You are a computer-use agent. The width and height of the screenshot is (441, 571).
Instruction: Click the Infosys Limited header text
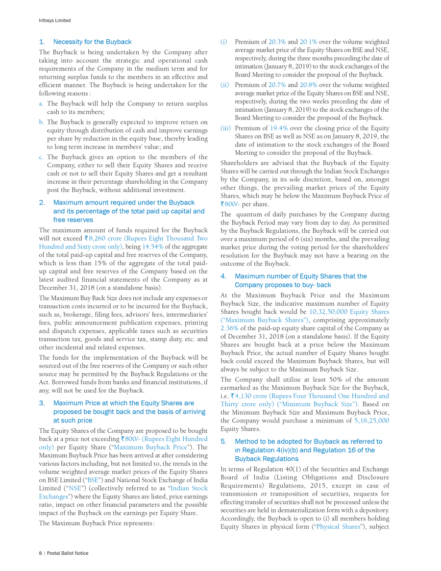54,20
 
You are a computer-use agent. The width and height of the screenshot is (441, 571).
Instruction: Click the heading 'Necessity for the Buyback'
92,42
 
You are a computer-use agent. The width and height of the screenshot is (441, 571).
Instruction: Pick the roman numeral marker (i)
224,42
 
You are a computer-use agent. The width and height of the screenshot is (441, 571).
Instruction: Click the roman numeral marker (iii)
225,128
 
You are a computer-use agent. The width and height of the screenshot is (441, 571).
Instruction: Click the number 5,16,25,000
372,420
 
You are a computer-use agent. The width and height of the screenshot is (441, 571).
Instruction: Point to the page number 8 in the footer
40,552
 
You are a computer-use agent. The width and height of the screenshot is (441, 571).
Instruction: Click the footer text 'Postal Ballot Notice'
68,552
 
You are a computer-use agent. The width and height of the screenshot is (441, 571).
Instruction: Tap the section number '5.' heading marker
223,441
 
